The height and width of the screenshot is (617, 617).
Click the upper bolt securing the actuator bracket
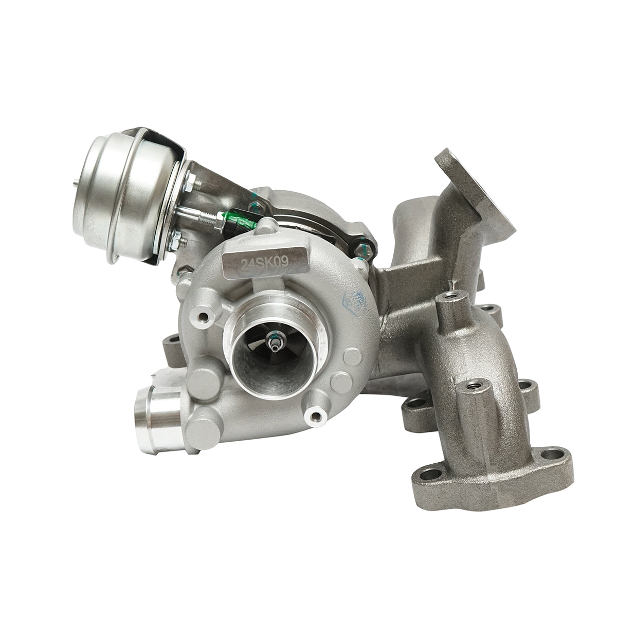pyautogui.click(x=189, y=181)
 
